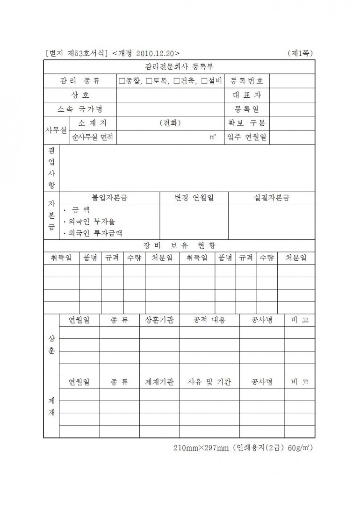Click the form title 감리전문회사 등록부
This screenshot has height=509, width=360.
(180, 67)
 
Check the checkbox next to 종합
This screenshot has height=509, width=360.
(122, 81)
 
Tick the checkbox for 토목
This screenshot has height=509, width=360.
(149, 81)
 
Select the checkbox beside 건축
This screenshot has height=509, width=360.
(176, 81)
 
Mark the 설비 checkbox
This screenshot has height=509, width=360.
(204, 81)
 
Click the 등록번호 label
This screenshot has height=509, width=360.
(247, 81)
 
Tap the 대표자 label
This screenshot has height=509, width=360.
(247, 95)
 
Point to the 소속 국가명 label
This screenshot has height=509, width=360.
(80, 109)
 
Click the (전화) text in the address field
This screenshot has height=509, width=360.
(170, 123)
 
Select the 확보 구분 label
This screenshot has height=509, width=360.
(247, 123)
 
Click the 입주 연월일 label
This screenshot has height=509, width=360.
(247, 138)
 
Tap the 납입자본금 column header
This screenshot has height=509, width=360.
(109, 198)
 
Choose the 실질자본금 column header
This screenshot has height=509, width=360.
(271, 198)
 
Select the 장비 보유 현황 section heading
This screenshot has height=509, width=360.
(180, 245)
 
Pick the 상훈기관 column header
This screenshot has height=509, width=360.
(159, 320)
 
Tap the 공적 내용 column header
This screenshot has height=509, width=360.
(209, 320)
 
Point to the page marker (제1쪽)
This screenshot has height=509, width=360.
(300, 53)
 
